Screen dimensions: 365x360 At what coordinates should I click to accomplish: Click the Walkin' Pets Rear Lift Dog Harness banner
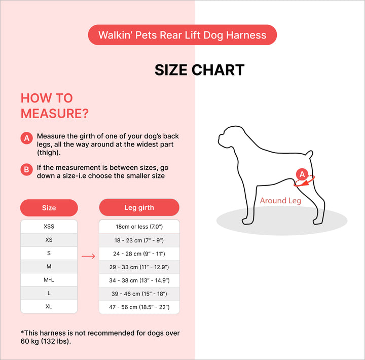(182, 35)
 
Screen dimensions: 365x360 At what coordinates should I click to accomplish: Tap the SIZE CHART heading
(200, 70)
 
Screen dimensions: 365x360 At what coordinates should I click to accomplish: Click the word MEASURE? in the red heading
(55, 114)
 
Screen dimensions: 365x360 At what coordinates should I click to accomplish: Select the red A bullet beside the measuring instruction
(27, 138)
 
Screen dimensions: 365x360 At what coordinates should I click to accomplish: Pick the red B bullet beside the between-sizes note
(27, 169)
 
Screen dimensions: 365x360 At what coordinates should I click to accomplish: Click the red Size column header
(49, 208)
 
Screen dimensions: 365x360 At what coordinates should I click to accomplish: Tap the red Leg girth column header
(139, 207)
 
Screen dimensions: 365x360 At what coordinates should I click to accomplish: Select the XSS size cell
(49, 226)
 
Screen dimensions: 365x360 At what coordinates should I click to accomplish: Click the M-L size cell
(49, 280)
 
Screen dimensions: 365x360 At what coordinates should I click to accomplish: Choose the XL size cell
(49, 306)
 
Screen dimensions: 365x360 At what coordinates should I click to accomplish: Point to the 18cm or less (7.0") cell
(139, 227)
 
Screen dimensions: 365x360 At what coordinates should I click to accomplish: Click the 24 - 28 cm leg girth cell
(139, 254)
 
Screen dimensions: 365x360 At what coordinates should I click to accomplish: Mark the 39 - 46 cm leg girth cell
(139, 294)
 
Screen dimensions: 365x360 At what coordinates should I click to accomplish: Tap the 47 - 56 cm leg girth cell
(139, 307)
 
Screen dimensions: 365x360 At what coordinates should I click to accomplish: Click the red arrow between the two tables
(88, 256)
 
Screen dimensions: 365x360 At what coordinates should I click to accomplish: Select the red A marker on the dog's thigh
(302, 174)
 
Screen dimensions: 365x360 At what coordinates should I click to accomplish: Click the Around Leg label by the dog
(280, 200)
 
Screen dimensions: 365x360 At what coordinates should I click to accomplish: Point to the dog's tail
(310, 154)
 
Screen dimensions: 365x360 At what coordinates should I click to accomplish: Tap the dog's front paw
(247, 221)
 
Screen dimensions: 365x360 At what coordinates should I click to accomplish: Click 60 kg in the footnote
(29, 341)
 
